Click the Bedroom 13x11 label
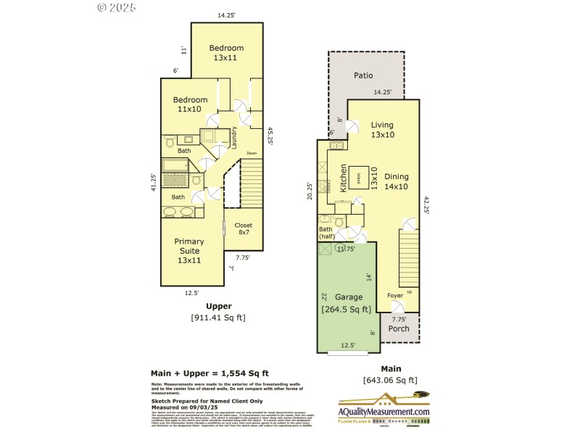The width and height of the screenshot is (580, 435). [x=227, y=52]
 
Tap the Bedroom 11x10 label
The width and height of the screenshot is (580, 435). [x=189, y=104]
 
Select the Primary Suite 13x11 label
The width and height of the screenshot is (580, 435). [x=188, y=251]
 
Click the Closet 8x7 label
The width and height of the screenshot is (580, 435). [x=243, y=230]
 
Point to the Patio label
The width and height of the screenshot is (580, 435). [x=363, y=75]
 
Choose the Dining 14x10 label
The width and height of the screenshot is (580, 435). [x=397, y=181]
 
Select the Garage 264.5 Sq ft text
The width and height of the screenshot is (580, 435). [x=347, y=303]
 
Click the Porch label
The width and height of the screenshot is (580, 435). [x=399, y=328]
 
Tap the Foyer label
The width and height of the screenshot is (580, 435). [x=394, y=295]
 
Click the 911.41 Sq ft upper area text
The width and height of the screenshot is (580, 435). [x=218, y=318]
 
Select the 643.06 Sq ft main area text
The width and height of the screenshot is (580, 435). [x=390, y=380]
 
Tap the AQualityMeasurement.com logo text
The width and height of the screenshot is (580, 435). [x=384, y=412]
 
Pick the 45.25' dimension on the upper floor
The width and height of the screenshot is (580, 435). [x=270, y=136]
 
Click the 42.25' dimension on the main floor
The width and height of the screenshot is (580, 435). [x=426, y=206]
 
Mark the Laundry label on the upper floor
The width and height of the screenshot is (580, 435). [x=235, y=138]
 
